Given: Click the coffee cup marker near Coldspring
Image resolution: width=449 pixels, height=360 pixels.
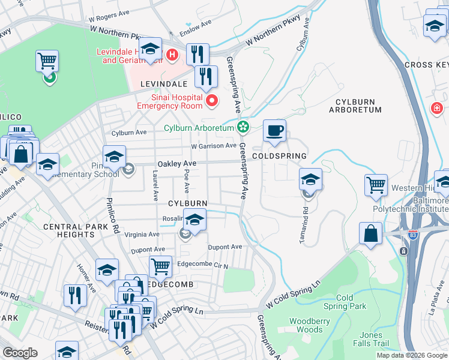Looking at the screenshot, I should [x=275, y=131].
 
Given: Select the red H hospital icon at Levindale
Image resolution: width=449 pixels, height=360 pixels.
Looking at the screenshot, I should [x=173, y=56].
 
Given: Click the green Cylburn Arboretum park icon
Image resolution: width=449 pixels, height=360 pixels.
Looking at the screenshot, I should [x=243, y=127].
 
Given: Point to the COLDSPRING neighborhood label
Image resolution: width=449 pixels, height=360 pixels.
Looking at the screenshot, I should [x=279, y=155].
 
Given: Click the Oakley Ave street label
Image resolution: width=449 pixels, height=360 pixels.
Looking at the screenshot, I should [x=177, y=163].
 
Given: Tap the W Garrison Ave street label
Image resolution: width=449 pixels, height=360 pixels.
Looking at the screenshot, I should [x=214, y=146].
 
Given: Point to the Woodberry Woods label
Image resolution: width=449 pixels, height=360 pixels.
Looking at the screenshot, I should [x=310, y=325].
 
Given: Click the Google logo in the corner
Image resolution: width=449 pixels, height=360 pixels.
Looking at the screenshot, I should [x=20, y=353].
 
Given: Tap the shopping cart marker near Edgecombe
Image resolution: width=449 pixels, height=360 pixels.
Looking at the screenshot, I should [x=160, y=266].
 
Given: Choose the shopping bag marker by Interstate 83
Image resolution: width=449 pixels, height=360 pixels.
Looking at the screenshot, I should [x=371, y=233].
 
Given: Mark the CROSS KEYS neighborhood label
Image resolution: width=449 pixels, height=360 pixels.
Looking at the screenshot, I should [x=426, y=65].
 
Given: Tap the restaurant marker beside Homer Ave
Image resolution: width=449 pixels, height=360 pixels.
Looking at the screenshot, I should [x=75, y=295].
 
